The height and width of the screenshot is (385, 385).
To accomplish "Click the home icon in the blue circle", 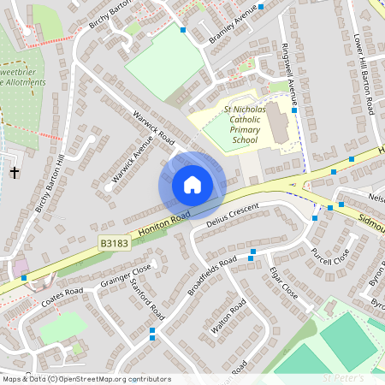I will point(192,185).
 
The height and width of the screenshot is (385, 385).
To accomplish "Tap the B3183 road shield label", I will point(113,244).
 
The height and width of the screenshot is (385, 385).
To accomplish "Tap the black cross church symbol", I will point(14,173).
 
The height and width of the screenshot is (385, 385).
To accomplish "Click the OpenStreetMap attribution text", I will point(86,379).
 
